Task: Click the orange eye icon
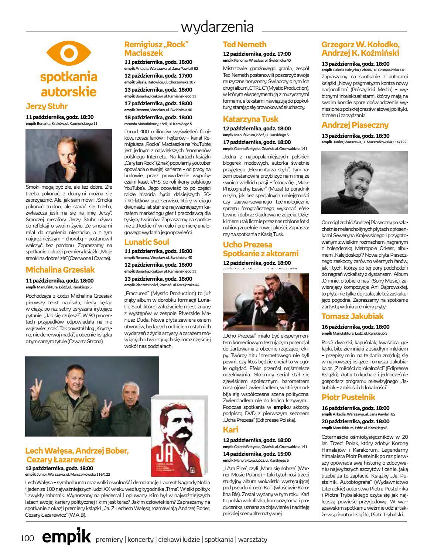coord(68,53)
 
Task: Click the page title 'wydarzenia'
coord(217,27)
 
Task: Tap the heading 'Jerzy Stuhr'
coord(47,106)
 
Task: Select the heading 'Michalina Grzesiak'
coord(60,270)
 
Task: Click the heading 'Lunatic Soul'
coord(147,242)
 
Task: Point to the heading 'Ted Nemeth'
coord(245,44)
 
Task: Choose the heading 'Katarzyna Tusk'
coord(250,119)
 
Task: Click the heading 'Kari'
coord(231,430)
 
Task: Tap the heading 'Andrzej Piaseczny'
coord(355,125)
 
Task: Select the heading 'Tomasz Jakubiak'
coord(352,316)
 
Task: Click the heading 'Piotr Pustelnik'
coord(348,397)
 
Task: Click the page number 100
coord(27,539)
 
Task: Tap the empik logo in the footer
coord(66,538)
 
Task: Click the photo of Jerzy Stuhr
coord(69,155)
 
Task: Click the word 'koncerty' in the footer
coord(140,540)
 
